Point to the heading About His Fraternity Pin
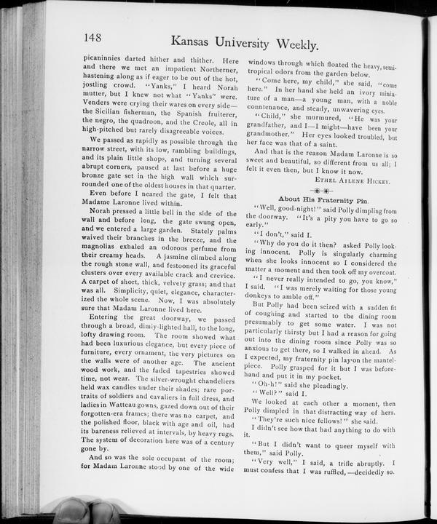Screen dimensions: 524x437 coord(323,199)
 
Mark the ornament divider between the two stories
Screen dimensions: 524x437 coord(323,188)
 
